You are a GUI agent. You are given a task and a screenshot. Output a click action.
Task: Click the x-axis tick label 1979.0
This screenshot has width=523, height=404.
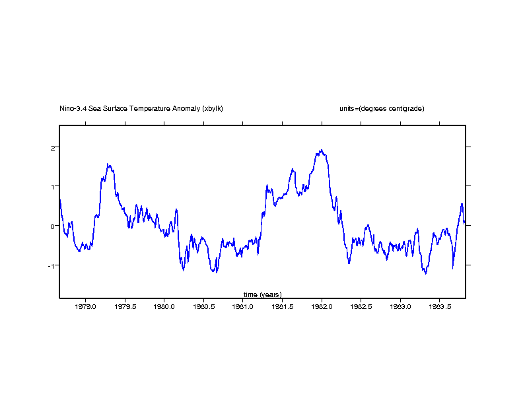point(85,307)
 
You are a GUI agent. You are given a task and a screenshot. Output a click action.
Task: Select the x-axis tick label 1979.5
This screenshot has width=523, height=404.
point(125,307)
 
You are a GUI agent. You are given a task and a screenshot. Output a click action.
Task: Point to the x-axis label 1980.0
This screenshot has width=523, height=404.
point(164,307)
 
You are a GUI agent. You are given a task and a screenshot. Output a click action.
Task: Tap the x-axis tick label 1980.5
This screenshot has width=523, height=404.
point(203,307)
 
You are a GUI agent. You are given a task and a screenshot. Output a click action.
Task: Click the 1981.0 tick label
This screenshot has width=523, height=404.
point(243,307)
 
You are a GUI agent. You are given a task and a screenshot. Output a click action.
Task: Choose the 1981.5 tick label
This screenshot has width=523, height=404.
point(283,307)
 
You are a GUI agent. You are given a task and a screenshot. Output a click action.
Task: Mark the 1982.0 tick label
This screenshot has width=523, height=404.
point(322,307)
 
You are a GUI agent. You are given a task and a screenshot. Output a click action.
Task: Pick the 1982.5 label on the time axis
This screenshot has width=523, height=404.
point(361,307)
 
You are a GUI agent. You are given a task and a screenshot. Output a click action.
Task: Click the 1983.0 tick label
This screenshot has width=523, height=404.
point(401,307)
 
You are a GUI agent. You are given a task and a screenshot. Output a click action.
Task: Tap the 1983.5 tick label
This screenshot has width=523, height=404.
point(440,307)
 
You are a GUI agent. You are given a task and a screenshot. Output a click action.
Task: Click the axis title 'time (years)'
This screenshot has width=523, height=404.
point(262,294)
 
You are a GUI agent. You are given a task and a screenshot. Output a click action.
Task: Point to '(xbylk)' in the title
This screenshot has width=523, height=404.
point(213,108)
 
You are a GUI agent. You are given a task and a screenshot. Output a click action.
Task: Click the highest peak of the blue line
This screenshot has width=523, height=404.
point(322,150)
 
